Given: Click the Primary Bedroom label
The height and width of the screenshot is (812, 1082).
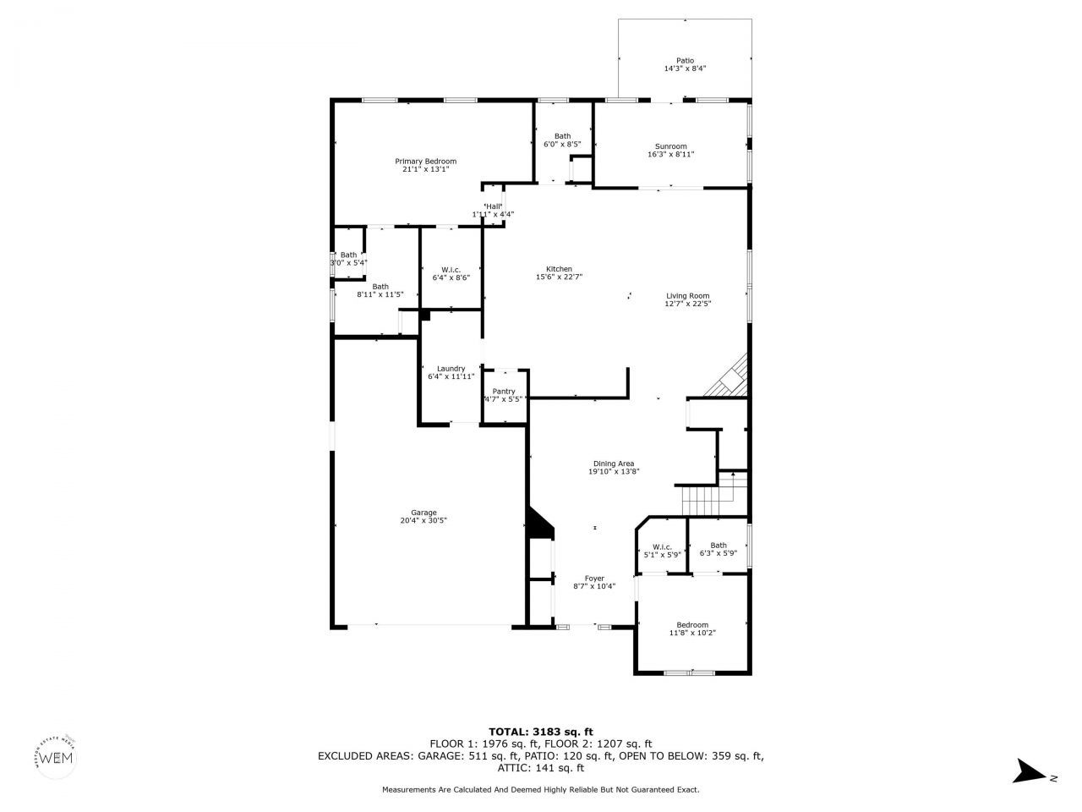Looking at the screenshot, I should (425, 162).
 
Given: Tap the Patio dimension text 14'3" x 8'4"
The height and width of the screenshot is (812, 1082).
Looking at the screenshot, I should (685, 69).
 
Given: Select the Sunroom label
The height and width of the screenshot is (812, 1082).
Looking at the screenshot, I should (670, 146).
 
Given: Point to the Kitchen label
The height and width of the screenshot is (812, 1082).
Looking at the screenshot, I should (559, 269).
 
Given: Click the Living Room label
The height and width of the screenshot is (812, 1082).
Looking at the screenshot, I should (687, 296).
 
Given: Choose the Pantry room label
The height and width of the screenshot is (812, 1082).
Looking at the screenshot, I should (504, 392).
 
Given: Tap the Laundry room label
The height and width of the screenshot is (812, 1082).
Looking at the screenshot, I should (451, 369).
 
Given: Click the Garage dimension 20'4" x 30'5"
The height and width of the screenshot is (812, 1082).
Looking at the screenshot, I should (424, 521).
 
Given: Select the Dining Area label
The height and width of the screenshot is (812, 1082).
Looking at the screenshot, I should (614, 464).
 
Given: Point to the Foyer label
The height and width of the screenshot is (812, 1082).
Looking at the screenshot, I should (594, 579).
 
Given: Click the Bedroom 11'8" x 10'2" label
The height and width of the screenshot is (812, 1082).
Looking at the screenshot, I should (692, 625).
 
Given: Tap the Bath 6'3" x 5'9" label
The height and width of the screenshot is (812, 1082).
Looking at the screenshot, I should (719, 546).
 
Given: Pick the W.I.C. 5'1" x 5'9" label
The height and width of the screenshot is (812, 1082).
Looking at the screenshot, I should (662, 546).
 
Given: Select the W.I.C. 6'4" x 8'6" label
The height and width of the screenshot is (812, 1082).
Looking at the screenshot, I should (451, 270).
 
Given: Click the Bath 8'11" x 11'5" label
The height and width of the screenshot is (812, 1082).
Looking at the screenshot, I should (380, 287).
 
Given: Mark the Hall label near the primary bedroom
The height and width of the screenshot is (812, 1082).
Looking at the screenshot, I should (494, 207).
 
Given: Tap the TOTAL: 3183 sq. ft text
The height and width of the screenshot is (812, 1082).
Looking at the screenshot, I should (541, 732).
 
